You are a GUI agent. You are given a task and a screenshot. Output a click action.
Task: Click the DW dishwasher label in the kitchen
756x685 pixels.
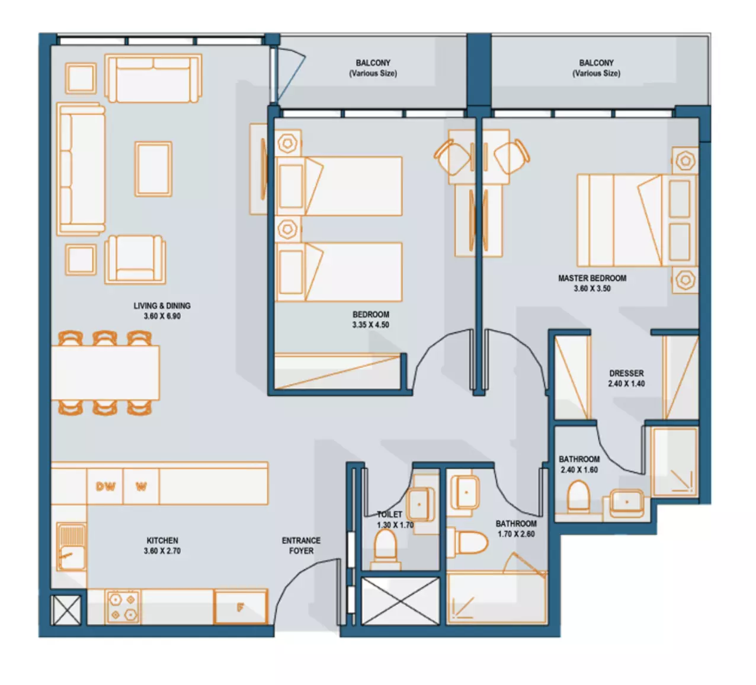coord(105,486)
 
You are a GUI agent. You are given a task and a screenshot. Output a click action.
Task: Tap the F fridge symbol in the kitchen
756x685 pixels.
coord(240,607)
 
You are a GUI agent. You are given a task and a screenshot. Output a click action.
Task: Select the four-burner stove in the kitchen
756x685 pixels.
coord(123,607)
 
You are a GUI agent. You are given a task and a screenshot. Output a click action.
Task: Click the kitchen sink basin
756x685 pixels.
coord(72,558)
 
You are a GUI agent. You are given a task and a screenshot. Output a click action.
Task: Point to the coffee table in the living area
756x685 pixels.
coord(153,169)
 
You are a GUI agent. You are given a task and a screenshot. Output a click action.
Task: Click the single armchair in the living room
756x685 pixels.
coord(135,260)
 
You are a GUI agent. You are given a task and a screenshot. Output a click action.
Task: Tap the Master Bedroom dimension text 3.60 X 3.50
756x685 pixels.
coord(592,289)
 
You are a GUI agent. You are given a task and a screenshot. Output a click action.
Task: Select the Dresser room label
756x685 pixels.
coord(626,373)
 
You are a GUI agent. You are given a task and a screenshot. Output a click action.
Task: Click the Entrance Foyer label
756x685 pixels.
coord(301,546)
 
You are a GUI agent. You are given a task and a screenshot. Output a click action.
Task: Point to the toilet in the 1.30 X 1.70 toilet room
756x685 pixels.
coord(385,549)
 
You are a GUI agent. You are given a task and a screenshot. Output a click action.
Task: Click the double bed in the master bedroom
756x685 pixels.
coord(637,220)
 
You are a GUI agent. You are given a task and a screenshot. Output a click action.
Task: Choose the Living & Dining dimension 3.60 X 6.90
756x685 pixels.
coord(162,316)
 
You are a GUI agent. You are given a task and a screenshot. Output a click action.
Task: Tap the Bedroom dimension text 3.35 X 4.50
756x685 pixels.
coord(371,325)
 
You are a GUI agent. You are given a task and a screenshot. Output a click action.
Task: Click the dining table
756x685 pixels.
coord(105,373)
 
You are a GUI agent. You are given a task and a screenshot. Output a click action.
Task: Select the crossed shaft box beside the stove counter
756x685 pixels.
coord(66,609)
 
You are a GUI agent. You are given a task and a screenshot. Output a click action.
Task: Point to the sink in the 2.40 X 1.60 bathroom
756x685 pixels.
coord(627,503)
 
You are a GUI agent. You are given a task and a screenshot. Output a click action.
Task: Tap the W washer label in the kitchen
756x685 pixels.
coord(141,486)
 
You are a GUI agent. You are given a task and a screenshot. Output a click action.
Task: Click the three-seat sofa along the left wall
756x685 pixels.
coord(81,169)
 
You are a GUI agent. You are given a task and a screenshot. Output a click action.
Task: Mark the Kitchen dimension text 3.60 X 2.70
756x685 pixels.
coord(162,551)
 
